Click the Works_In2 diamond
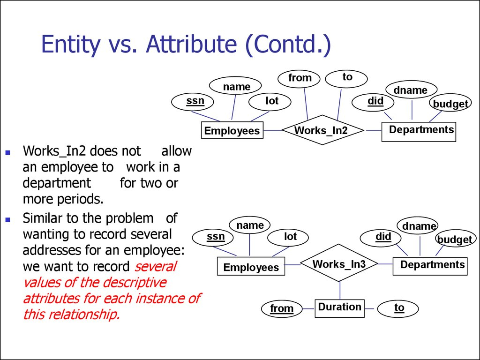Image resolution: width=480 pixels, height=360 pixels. point(322,130)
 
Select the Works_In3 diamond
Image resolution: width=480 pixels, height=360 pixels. point(339,264)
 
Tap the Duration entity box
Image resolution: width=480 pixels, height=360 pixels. point(339,307)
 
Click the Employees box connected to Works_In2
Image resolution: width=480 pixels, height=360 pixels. point(232,130)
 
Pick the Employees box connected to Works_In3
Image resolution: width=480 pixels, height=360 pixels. point(251,267)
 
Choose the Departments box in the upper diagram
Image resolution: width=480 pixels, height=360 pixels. point(419,131)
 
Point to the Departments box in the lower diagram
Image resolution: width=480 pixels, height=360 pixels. point(430,265)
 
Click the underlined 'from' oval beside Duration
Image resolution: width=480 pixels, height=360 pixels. point(282,308)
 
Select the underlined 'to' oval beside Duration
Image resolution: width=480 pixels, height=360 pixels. point(398,308)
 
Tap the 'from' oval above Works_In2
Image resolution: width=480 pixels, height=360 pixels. point(300,78)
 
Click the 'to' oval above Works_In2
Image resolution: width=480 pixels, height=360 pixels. point(347,77)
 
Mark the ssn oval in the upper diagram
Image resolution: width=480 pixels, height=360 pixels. point(195,101)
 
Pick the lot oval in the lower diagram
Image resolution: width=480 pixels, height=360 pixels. point(290,237)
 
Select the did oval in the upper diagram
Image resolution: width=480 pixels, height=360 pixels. point(375,102)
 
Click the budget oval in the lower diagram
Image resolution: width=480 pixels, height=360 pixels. point(454,240)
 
